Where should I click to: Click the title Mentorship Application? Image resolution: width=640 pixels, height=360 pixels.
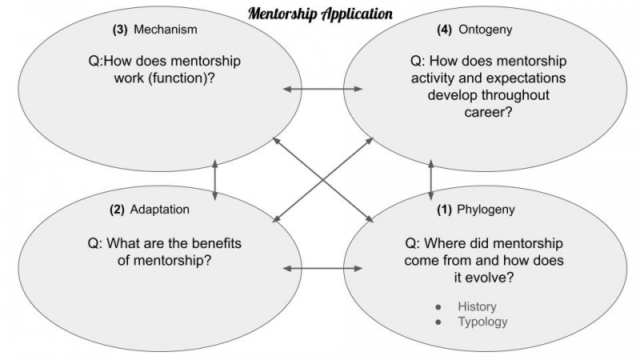tap(321, 14)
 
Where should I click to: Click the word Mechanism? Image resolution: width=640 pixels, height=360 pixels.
tap(166, 30)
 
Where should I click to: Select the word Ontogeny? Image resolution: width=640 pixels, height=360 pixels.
tap(486, 30)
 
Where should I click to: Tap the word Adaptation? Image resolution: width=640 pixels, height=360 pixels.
tap(159, 210)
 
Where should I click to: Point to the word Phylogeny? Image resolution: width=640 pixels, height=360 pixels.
tap(486, 210)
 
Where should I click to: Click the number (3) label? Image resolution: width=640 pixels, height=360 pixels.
tap(120, 30)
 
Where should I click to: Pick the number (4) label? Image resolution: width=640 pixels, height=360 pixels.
tap(445, 30)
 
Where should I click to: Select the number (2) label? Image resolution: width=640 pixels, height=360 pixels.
tap(117, 210)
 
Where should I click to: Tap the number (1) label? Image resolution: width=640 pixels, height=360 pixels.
tap(444, 210)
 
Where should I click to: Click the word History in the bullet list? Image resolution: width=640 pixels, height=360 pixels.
tap(477, 306)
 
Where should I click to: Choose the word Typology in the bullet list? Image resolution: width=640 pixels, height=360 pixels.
tap(482, 322)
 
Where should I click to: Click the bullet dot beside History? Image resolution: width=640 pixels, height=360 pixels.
tap(438, 307)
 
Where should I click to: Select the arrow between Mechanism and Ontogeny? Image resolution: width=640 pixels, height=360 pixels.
tap(322, 89)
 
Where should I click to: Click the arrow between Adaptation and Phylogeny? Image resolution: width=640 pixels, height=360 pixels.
tap(322, 268)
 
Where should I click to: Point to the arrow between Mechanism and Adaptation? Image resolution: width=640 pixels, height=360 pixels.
tap(215, 180)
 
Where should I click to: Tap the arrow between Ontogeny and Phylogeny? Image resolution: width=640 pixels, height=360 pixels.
tap(430, 180)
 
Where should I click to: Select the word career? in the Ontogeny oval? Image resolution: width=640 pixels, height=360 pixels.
tap(488, 112)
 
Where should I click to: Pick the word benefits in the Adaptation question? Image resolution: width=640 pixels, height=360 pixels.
tap(217, 243)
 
